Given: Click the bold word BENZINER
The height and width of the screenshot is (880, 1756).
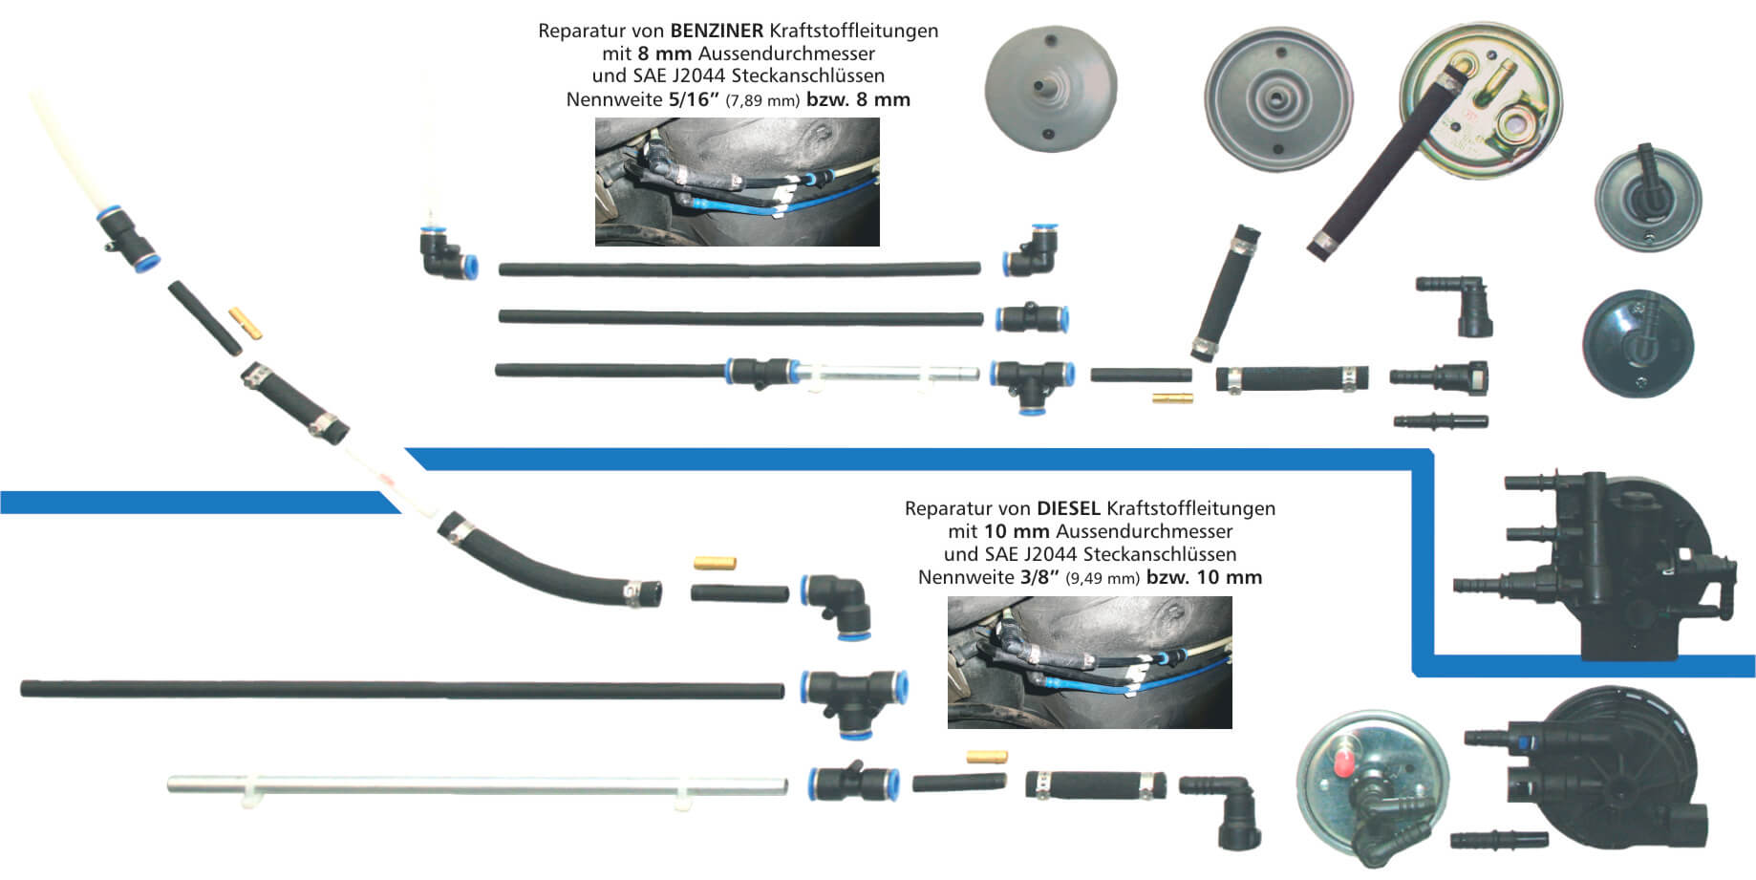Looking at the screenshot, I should click(x=717, y=31).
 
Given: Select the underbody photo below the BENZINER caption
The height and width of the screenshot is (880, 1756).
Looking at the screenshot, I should click(x=737, y=182).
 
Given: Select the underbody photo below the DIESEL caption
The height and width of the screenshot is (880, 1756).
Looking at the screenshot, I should click(x=1089, y=662).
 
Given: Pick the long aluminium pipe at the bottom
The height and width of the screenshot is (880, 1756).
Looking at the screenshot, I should click(x=478, y=785).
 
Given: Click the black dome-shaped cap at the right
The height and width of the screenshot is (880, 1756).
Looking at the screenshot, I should click(x=1638, y=343).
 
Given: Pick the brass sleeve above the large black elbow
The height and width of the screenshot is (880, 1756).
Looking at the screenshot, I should click(x=715, y=564).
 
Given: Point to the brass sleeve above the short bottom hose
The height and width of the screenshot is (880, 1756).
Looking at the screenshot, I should click(x=987, y=757).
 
